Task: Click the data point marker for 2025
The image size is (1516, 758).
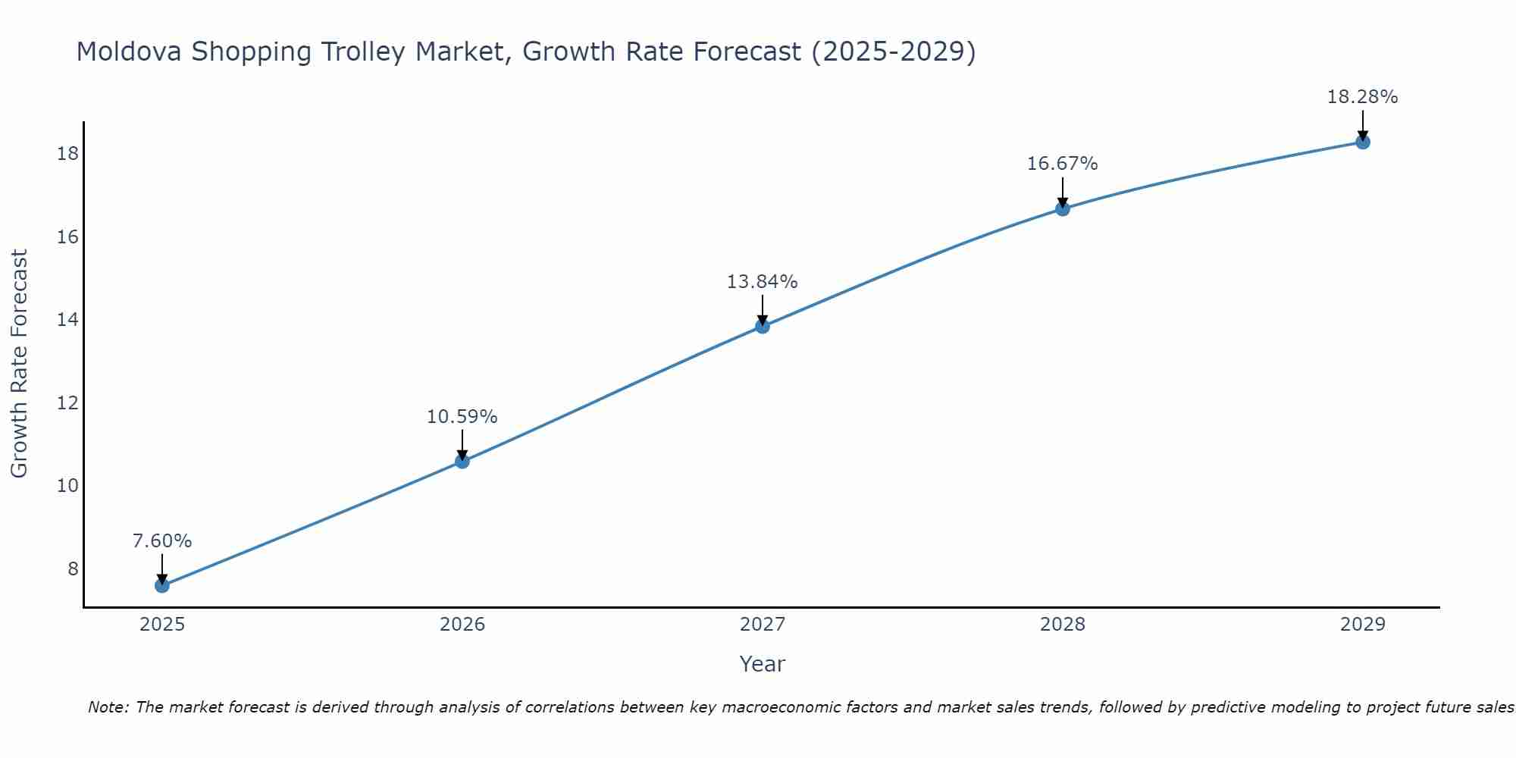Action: pyautogui.click(x=162, y=585)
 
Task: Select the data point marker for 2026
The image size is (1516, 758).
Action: pyautogui.click(x=462, y=461)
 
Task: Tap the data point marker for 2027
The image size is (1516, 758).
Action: pyautogui.click(x=763, y=326)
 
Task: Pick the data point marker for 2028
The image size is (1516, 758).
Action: pyautogui.click(x=1063, y=208)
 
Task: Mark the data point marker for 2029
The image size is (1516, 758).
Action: pyautogui.click(x=1363, y=142)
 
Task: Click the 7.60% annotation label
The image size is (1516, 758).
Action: pyautogui.click(x=162, y=541)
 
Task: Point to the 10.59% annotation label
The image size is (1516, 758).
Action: pyautogui.click(x=462, y=417)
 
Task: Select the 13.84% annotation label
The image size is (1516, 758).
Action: pyautogui.click(x=763, y=282)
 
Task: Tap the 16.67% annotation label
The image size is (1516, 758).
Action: pyautogui.click(x=1063, y=164)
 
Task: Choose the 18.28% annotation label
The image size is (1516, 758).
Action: pyautogui.click(x=1363, y=97)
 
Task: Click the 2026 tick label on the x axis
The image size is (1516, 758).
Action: pyautogui.click(x=462, y=625)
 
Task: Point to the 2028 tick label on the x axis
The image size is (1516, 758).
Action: pyautogui.click(x=1063, y=625)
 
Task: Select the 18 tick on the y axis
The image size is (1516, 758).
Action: pyautogui.click(x=67, y=154)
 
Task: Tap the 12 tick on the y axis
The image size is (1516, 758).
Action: pyautogui.click(x=67, y=402)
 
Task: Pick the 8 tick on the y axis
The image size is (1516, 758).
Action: pyautogui.click(x=73, y=568)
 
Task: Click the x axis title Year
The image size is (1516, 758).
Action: pyautogui.click(x=763, y=664)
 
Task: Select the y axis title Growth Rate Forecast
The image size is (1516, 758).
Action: pyautogui.click(x=19, y=364)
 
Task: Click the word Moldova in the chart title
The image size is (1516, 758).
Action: pyautogui.click(x=129, y=52)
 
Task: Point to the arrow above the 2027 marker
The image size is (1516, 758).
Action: pyautogui.click(x=763, y=309)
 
